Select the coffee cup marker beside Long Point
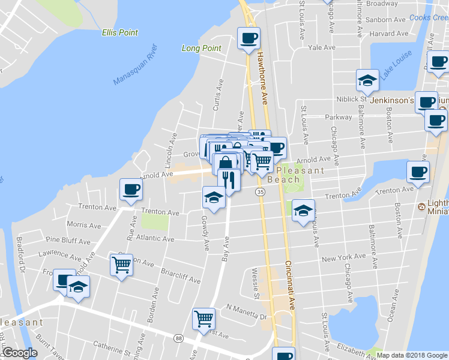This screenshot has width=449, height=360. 248,40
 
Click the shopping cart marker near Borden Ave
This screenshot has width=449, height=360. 122,265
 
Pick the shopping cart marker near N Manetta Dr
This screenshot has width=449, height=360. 203,318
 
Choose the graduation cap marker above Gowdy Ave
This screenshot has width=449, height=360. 214,196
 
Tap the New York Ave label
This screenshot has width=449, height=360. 343,257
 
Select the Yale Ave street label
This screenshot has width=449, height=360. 321,47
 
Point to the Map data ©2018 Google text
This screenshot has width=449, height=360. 411,355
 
